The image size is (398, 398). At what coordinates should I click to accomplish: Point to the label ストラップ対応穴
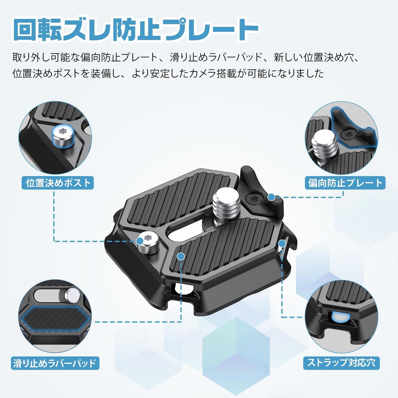pyautogui.click(x=341, y=363)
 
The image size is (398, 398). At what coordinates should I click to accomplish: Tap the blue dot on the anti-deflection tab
pyautogui.click(x=272, y=197)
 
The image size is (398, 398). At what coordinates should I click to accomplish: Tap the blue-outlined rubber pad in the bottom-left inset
pyautogui.click(x=58, y=317)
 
